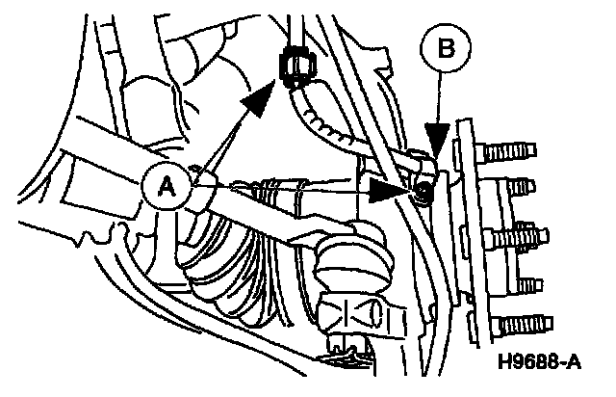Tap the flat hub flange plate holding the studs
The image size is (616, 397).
pos(473,231)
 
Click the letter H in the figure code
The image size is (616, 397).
pos(506,365)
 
